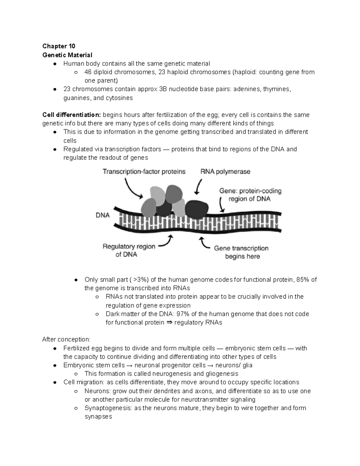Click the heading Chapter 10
click(58, 46)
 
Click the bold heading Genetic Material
click(67, 55)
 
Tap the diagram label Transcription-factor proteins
click(144, 172)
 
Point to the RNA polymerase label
click(225, 172)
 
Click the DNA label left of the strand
click(103, 215)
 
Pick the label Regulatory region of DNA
click(129, 250)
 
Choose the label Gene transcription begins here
click(241, 252)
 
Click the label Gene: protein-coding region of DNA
click(250, 195)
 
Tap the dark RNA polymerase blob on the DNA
click(196, 208)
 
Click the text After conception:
click(66, 339)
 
